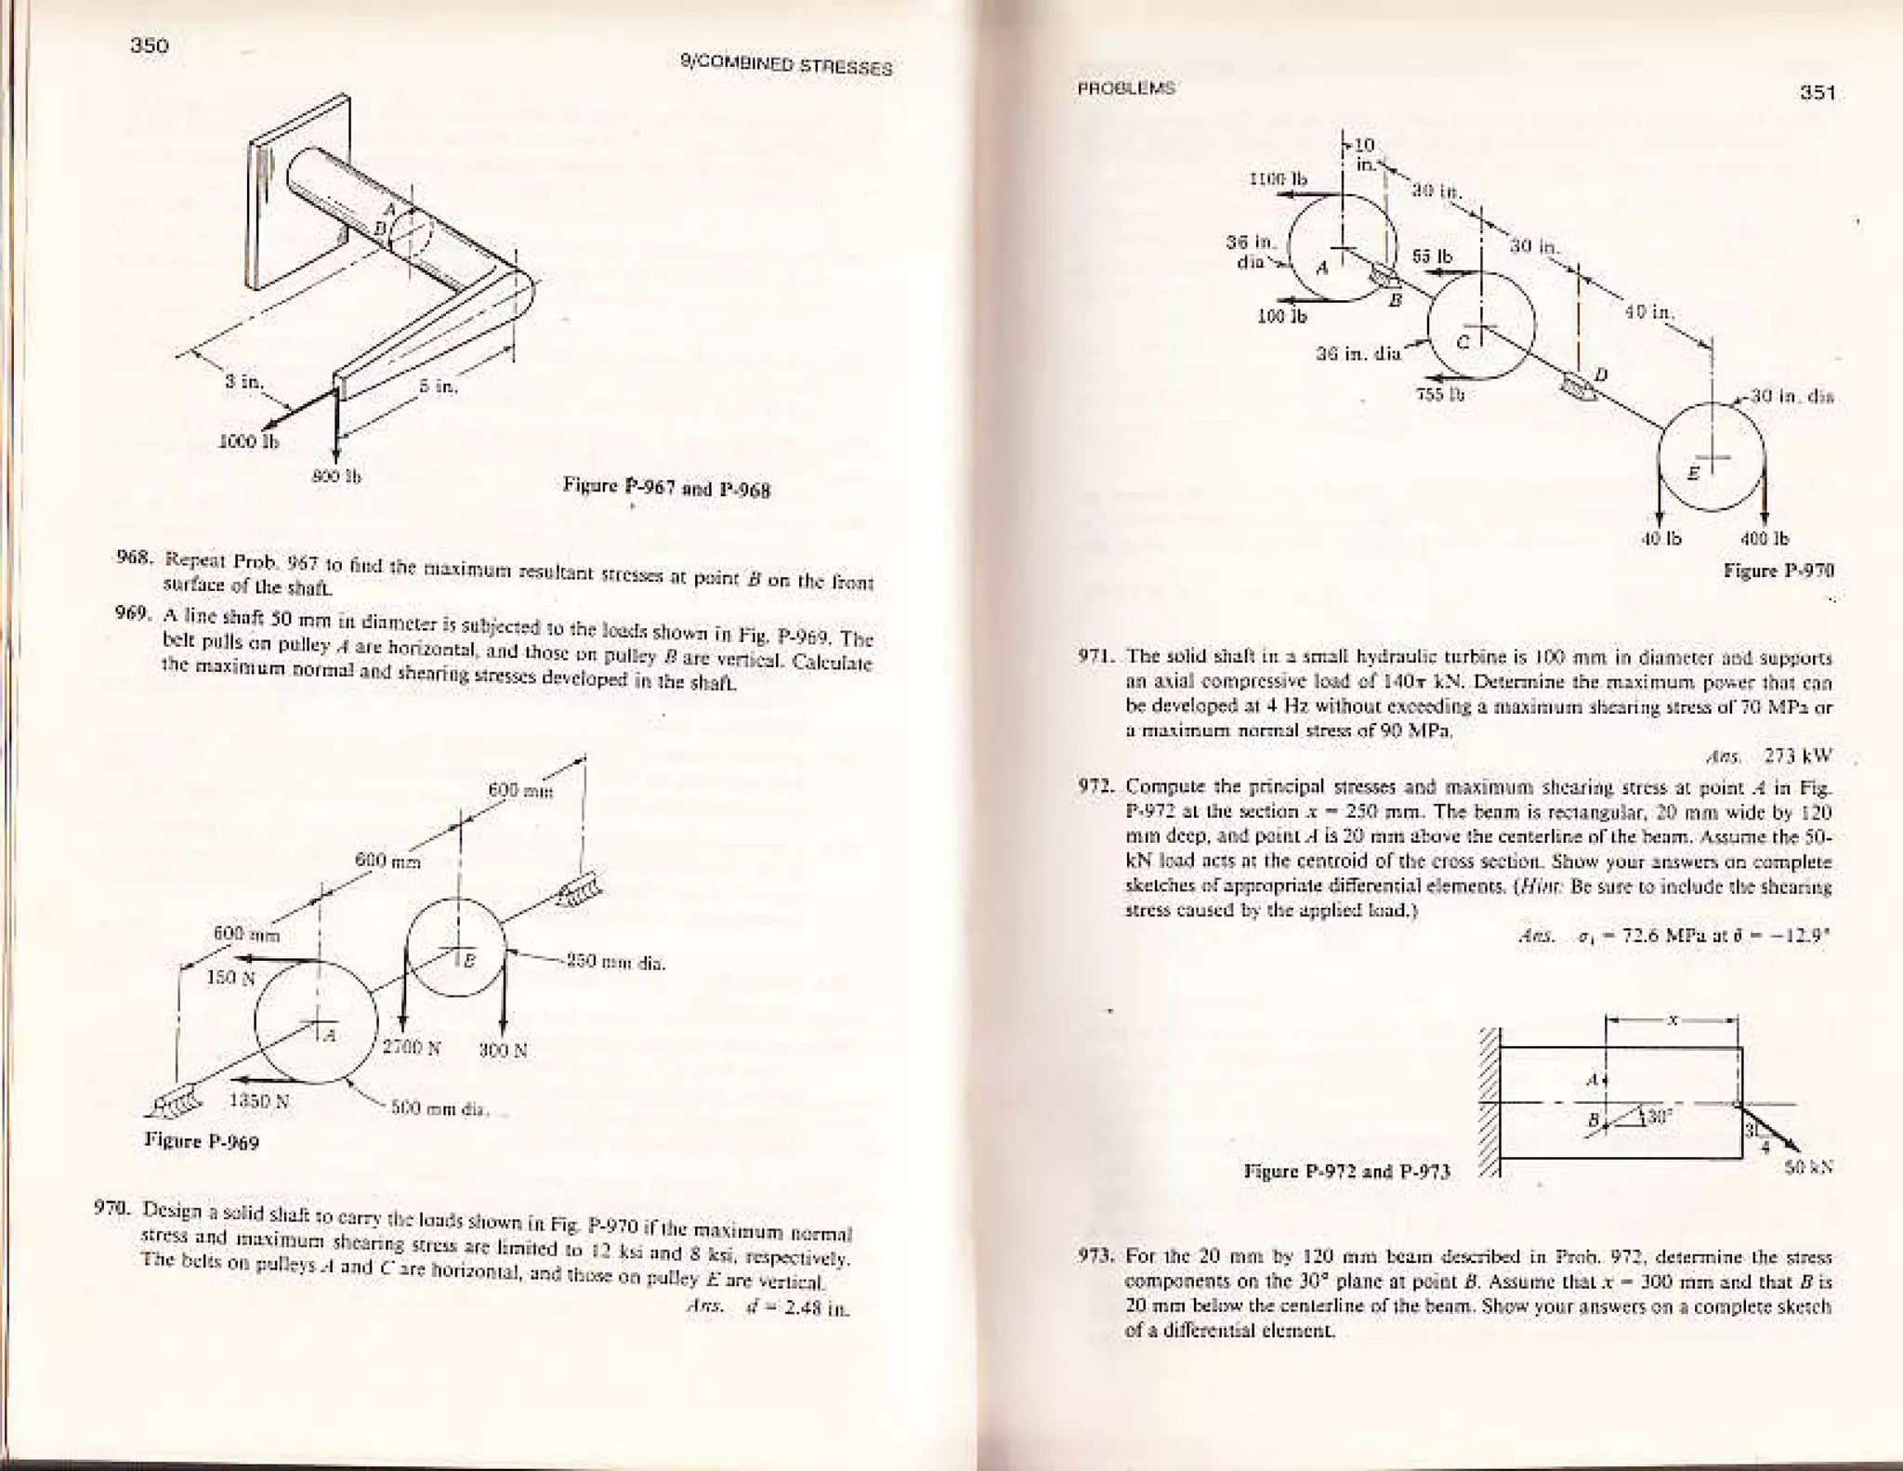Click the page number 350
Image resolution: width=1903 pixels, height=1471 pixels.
(x=150, y=46)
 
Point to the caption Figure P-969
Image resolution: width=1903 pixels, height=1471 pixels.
(x=202, y=1141)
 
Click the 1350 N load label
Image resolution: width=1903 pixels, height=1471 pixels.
(x=259, y=1102)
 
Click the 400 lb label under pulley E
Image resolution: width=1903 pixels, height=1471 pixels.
(x=1768, y=538)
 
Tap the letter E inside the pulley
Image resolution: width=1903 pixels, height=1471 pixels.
(x=1693, y=472)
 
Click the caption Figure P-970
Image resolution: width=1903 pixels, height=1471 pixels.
(x=1778, y=570)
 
